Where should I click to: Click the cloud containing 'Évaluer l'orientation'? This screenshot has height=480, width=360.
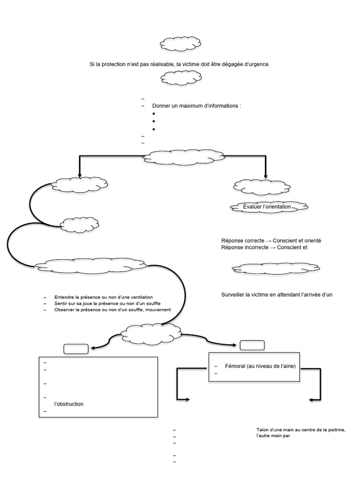pos(269,207)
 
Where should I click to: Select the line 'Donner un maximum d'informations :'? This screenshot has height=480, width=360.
pos(196,106)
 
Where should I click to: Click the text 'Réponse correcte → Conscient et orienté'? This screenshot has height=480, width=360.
pos(271,240)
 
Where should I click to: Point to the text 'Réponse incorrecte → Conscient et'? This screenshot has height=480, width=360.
pos(264,247)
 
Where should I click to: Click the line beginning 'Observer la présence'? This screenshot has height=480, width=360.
pos(112,309)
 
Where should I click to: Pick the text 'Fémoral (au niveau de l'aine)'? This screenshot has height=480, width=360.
pos(260,366)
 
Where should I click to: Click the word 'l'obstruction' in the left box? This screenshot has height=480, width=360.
pos(69,404)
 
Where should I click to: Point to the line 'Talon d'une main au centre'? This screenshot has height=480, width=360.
pos(301,430)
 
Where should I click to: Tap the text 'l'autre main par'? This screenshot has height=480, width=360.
pos(274,436)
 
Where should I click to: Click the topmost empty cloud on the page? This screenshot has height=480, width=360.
pos(180,44)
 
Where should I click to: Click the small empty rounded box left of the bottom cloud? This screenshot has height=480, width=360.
pos(75,349)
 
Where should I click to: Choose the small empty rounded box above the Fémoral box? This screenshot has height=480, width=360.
pos(252,345)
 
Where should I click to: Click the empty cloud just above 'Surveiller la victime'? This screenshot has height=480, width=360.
pos(276,268)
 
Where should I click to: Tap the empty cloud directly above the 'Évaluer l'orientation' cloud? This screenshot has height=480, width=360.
pos(262,186)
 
